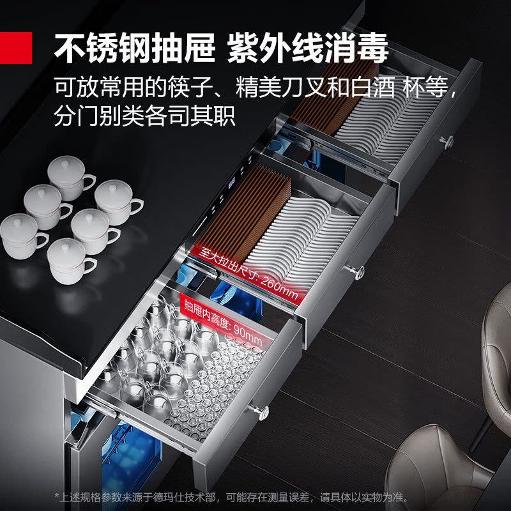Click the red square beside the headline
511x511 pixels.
point(15,47)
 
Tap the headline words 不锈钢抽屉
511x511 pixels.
point(135,48)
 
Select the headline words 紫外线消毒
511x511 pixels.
point(308,48)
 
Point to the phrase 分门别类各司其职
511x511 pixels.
point(144,116)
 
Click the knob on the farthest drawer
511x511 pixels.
point(446,142)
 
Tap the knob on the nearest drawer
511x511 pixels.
point(260,412)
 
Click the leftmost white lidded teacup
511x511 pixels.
point(23,236)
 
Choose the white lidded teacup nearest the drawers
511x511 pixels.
point(118,202)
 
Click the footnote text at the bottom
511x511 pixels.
point(232,498)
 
